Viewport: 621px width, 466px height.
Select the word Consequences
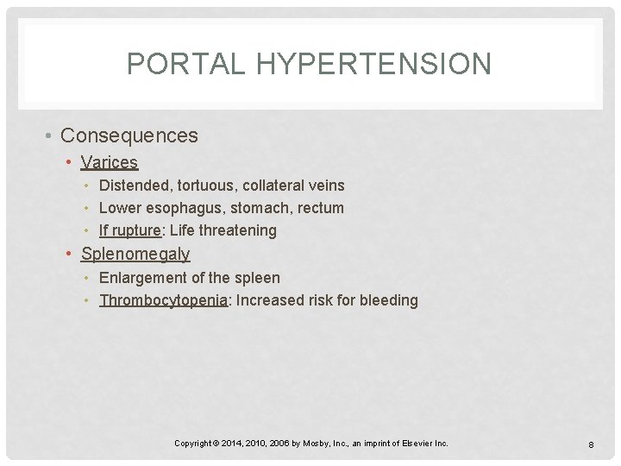click(129, 135)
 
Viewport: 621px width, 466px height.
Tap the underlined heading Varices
click(110, 162)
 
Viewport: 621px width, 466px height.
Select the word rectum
click(321, 208)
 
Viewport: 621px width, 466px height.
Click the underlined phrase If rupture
click(130, 230)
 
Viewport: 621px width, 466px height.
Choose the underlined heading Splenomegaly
click(135, 254)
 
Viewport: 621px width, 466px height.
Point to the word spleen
click(257, 278)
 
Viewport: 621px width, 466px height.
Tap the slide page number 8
click(591, 444)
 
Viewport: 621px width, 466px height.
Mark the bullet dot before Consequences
click(52, 136)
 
